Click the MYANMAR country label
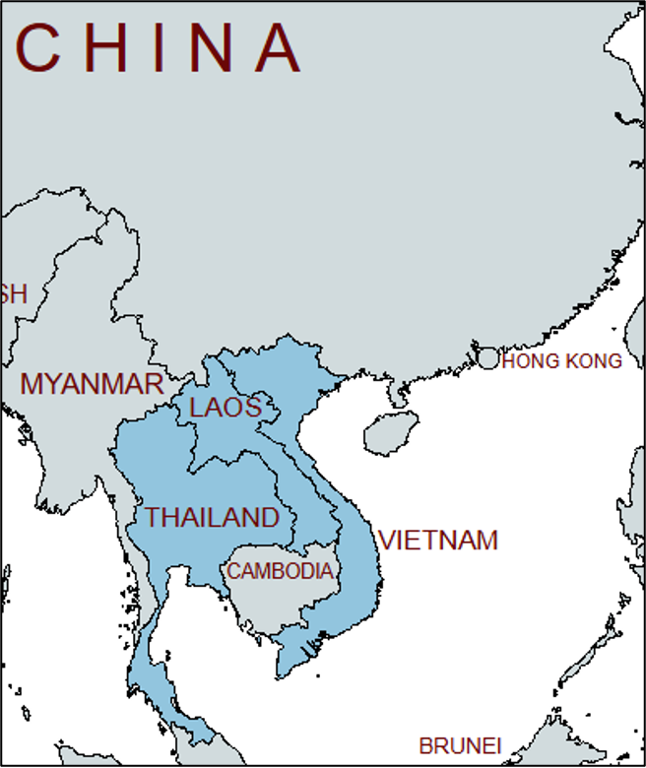[x=92, y=384]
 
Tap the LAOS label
[x=226, y=408]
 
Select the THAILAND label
[x=213, y=517]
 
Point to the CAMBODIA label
[x=280, y=571]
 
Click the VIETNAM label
[x=438, y=541]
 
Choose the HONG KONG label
[x=562, y=361]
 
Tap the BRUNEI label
[x=460, y=746]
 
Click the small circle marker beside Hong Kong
[x=488, y=357]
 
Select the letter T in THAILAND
[x=154, y=517]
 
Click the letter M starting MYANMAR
[x=32, y=384]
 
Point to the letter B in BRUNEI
[x=425, y=746]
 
